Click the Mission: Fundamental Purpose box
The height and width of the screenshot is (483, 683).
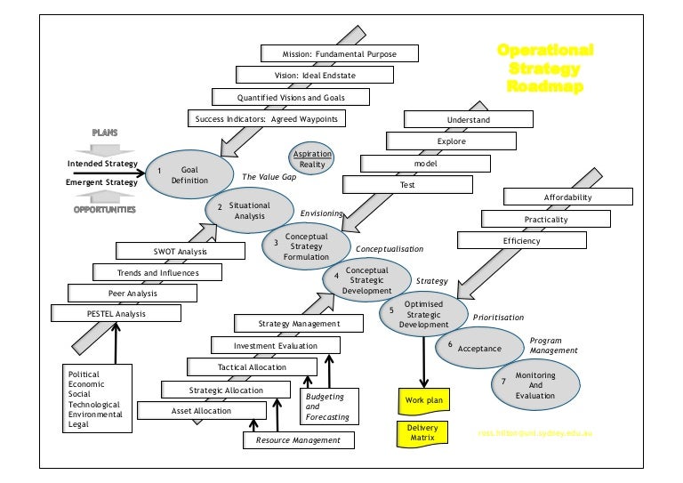coord(340,54)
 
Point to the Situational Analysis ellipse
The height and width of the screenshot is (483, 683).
coord(249,210)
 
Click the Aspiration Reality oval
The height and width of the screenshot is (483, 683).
coord(312,159)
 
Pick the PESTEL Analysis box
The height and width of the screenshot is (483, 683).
coord(116,313)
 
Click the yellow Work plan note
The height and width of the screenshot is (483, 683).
coord(423,400)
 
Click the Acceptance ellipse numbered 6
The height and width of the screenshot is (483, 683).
coord(478,349)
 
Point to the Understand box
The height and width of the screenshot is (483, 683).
coord(468,119)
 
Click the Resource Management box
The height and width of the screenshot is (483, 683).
coord(298,439)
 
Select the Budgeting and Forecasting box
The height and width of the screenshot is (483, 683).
coord(328,407)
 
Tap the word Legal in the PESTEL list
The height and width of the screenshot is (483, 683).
coord(79,425)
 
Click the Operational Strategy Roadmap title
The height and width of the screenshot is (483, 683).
coord(543,68)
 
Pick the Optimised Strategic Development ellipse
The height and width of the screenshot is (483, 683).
coord(424,314)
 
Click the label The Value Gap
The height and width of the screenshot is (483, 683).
coord(269,177)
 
